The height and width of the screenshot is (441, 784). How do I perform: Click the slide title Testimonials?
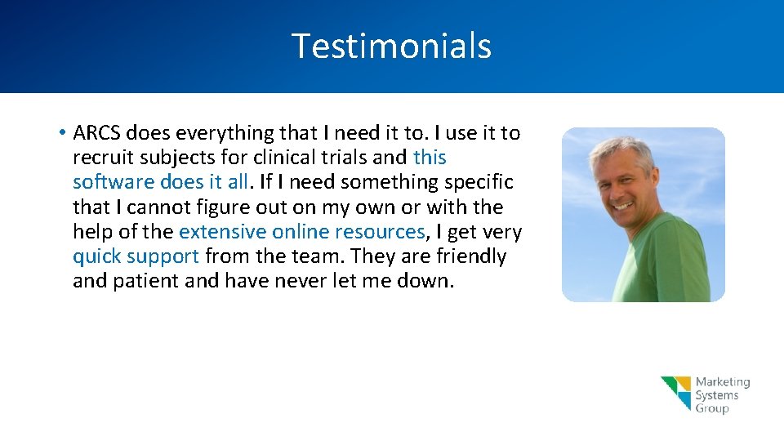391,46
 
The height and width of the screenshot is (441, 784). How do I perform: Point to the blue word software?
112,182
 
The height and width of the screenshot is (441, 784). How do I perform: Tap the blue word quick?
96,257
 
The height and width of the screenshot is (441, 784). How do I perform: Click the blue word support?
162,257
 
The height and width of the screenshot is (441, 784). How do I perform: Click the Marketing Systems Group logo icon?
676,393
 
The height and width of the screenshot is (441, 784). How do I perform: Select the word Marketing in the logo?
722,382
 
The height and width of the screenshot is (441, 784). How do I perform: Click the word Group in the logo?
711,408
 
